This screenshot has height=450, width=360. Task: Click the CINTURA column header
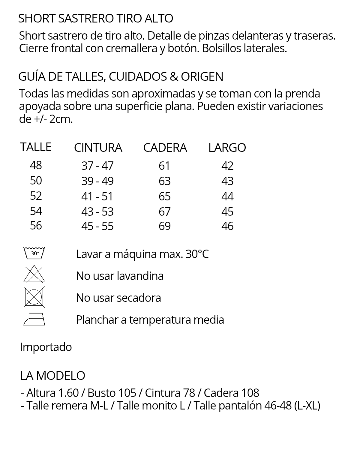tap(98, 148)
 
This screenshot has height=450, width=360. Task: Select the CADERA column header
tap(165, 148)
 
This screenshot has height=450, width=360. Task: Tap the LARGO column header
tap(227, 148)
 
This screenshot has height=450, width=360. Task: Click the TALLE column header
tap(36, 147)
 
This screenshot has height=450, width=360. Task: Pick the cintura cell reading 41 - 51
tap(97, 196)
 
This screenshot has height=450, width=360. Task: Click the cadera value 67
tap(164, 211)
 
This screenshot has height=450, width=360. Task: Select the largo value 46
tap(227, 226)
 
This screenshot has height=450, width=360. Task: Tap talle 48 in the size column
tap(36, 165)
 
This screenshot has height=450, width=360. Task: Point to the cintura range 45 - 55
tap(97, 226)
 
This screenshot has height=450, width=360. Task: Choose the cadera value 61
tap(164, 166)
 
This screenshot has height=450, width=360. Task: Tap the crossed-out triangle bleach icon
tap(34, 274)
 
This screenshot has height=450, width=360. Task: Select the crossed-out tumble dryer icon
tap(34, 297)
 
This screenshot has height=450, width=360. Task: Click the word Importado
tap(46, 347)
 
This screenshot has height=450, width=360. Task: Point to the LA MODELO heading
tap(53, 376)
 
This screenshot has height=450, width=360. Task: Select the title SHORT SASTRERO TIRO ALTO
tap(96, 18)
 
